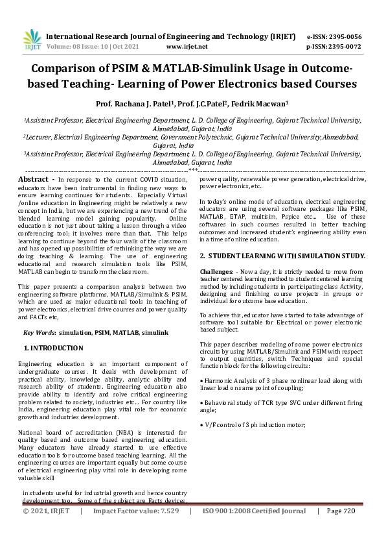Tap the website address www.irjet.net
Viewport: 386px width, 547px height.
tap(187, 47)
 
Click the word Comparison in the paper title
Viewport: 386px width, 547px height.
tap(81, 69)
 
